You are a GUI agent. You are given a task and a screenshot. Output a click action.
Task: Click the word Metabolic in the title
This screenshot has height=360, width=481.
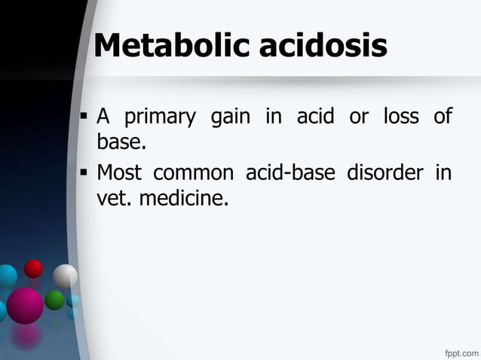(173, 47)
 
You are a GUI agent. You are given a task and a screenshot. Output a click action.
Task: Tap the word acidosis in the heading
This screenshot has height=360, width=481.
(324, 47)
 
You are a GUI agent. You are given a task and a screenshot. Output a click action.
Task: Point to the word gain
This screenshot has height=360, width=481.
(231, 118)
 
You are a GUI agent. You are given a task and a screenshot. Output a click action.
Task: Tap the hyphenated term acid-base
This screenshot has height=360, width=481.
(291, 174)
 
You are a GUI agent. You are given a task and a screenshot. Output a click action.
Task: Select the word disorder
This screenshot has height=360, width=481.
(384, 174)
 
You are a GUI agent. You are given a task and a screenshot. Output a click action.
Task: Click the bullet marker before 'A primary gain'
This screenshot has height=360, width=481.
(84, 118)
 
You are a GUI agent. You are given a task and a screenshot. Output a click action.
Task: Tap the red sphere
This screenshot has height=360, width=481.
(33, 268)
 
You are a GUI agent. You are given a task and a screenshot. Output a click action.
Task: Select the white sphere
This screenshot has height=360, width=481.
(65, 276)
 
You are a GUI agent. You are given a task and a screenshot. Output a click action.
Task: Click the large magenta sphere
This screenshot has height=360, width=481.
(25, 305)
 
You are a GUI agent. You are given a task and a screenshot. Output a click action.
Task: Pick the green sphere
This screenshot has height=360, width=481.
(54, 300)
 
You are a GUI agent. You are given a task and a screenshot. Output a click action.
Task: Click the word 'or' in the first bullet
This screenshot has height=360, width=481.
(357, 118)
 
